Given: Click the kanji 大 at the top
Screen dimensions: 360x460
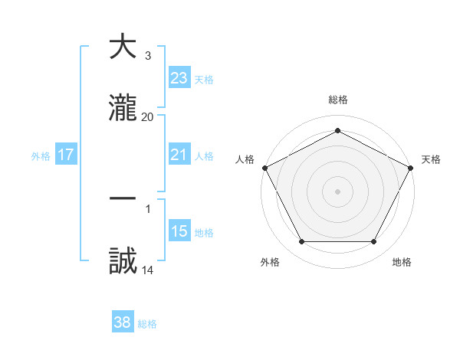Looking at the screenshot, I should pos(123,47).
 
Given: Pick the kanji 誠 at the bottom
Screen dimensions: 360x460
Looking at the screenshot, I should pos(123,261).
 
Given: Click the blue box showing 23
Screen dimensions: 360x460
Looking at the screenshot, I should pos(179,77).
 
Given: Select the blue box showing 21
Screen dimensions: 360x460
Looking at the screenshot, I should pos(179,155).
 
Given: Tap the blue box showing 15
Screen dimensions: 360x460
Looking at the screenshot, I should pos(179,231).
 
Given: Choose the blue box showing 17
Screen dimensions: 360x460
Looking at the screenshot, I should pos(66,155).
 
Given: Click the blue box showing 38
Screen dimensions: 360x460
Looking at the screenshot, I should pos(123,322).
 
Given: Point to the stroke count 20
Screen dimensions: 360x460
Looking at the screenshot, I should pos(148,116).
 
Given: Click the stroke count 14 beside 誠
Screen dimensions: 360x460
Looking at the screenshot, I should pos(148,270).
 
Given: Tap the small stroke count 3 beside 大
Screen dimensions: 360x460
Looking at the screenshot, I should pos(147,55).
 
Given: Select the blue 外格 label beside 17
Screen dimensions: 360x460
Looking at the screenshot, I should pos(41,155).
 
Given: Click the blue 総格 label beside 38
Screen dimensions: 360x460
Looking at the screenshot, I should pos(147,324).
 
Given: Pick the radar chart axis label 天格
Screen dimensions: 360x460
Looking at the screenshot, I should pos(431,159).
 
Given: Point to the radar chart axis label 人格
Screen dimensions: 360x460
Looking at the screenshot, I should pos(245,159).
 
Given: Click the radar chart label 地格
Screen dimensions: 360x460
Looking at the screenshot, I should pos(402,262).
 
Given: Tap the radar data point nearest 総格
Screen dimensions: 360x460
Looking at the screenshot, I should pos(337,130).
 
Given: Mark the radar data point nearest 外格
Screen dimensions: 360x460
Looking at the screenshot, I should pos(301,242).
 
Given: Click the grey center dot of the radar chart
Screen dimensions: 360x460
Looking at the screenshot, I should pos(337,191).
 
